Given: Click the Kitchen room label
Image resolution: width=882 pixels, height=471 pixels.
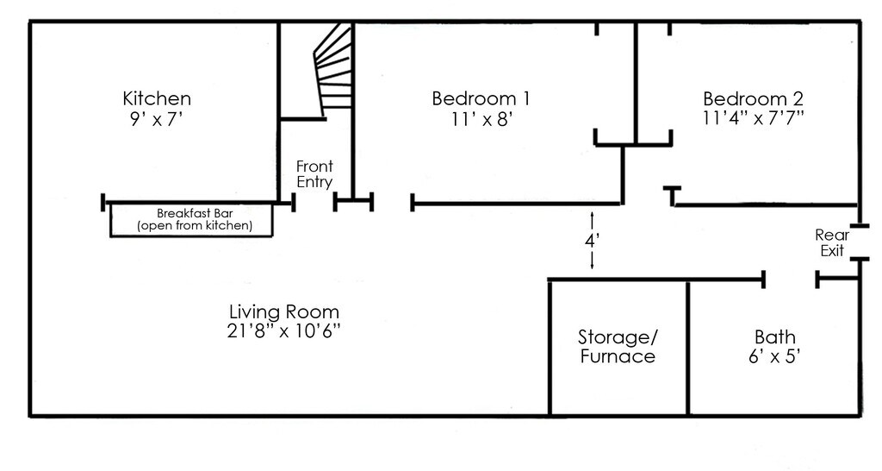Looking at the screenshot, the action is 157,98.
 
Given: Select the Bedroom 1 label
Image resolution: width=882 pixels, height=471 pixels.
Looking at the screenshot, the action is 481,98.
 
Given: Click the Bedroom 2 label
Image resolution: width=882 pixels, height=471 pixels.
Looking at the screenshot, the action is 753,98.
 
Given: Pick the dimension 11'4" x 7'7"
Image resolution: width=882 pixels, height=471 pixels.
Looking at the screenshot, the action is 753,118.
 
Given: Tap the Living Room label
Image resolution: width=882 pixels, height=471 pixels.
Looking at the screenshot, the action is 284,311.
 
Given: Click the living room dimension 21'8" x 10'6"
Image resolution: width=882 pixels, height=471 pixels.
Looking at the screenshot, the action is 284,330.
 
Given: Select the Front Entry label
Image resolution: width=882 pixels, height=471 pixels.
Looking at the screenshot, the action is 315,174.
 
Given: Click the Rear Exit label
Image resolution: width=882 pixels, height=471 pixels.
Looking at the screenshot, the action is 833,242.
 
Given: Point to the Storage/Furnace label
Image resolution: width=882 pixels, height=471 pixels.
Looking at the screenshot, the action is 618,347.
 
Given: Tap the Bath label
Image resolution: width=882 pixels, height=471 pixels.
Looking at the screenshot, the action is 775,337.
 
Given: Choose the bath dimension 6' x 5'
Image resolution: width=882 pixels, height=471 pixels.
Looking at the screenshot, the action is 775,356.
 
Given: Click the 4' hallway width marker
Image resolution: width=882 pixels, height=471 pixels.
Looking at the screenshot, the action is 592,241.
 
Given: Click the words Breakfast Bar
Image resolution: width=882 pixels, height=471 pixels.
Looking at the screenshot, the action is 195,214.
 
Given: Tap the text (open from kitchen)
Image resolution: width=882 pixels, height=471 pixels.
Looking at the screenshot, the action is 195,226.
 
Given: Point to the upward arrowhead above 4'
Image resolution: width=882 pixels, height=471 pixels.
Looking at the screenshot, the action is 592,215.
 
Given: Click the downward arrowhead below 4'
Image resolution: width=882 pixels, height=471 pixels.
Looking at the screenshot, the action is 592,267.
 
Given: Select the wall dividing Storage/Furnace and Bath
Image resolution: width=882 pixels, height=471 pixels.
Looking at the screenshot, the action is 688,348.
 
